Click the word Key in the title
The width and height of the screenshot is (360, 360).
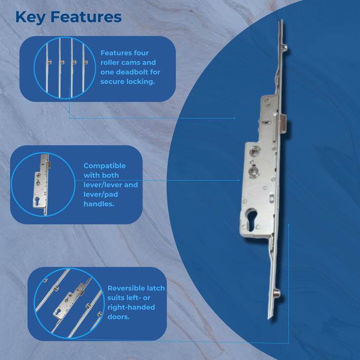tap(30, 17)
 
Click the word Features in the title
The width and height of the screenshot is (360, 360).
tap(86, 17)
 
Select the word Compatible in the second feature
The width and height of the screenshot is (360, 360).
tap(105, 166)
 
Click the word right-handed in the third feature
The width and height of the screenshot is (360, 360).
tap(131, 307)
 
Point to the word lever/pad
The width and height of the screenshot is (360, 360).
tap(101, 194)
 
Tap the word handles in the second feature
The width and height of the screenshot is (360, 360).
tap(99, 204)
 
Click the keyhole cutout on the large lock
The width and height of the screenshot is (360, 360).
tap(252, 219)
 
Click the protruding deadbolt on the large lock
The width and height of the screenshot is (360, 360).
tap(283, 124)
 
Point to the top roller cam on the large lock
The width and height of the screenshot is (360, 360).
tap(285, 47)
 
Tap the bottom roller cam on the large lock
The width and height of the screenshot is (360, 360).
tap(277, 293)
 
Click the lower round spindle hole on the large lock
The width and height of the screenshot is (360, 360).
tap(254, 171)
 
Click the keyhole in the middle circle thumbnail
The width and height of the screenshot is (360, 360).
tap(38, 201)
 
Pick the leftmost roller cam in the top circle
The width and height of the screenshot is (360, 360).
tap(49, 62)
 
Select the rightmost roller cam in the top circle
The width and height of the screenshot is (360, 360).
tap(86, 62)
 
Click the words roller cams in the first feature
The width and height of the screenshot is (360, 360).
tap(128, 62)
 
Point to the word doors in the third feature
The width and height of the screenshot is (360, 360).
tap(118, 317)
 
